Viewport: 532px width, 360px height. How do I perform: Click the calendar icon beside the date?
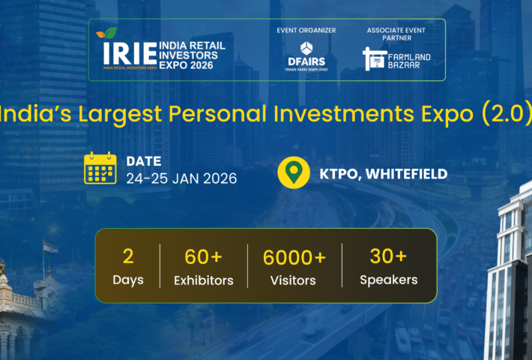[x=100, y=169]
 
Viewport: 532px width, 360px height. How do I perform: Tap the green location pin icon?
[x=293, y=173]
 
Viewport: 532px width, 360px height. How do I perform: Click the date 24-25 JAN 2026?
[x=181, y=178]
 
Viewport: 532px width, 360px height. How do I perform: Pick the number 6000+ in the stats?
[x=294, y=257]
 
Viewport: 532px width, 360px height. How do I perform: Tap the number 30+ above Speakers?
[x=388, y=256]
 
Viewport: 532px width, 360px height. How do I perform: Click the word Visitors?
[x=294, y=280]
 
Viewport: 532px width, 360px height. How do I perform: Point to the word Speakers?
[x=388, y=280]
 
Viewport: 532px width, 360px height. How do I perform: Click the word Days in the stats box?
[x=128, y=280]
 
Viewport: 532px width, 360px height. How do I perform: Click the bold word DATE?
[x=142, y=160]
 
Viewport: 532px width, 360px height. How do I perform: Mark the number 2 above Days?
[x=128, y=256]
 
